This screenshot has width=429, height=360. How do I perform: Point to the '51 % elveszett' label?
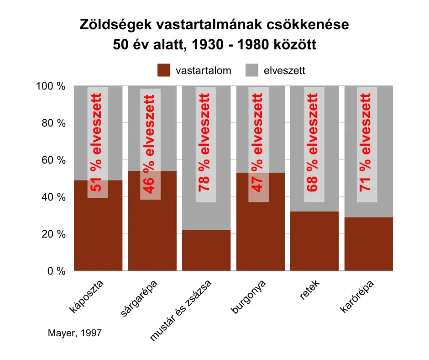tap(97, 143)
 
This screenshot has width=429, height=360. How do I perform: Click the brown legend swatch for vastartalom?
tap(164, 70)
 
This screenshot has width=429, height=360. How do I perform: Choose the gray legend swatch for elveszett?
tap(252, 70)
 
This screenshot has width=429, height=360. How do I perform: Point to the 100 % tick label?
tap(51, 86)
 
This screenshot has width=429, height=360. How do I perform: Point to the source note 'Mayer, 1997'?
tap(74, 334)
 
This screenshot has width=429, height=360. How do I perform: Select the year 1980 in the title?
tap(252, 45)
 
